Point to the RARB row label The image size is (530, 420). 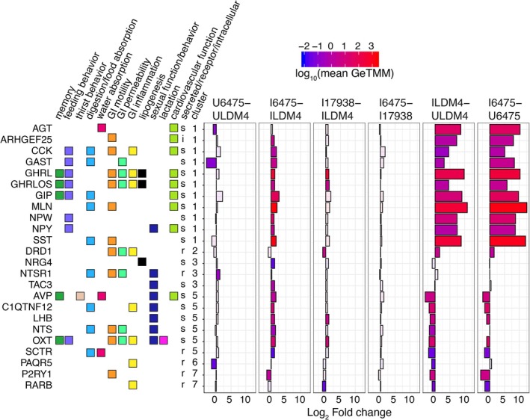40,386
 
